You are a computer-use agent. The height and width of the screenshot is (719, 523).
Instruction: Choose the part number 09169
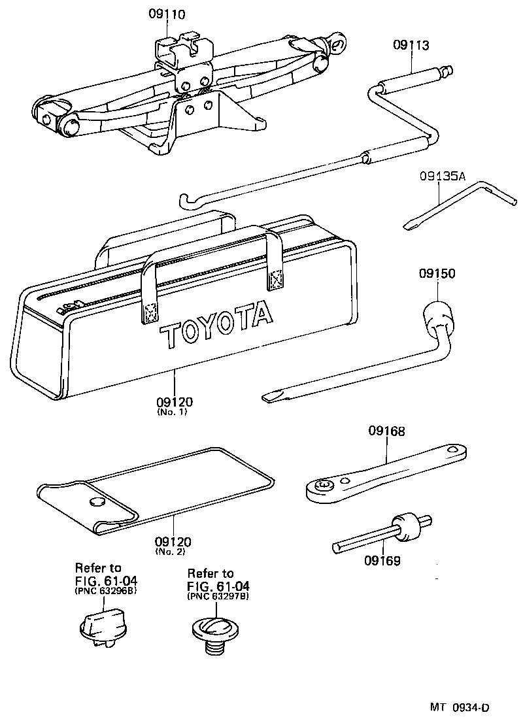click(x=382, y=560)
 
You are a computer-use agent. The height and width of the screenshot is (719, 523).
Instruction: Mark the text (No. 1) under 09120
click(x=173, y=412)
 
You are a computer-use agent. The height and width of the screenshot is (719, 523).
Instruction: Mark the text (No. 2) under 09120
click(x=173, y=552)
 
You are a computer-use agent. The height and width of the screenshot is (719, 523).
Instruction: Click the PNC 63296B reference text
click(x=106, y=590)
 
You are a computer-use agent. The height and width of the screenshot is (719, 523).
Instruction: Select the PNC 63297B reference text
click(x=218, y=596)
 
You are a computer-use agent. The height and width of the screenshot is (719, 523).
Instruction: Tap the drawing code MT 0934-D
click(x=460, y=707)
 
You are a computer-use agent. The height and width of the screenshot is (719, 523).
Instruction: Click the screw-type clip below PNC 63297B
click(x=211, y=630)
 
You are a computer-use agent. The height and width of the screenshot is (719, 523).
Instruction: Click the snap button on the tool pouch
click(x=97, y=501)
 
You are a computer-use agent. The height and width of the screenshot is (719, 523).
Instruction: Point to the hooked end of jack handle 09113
click(x=186, y=197)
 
